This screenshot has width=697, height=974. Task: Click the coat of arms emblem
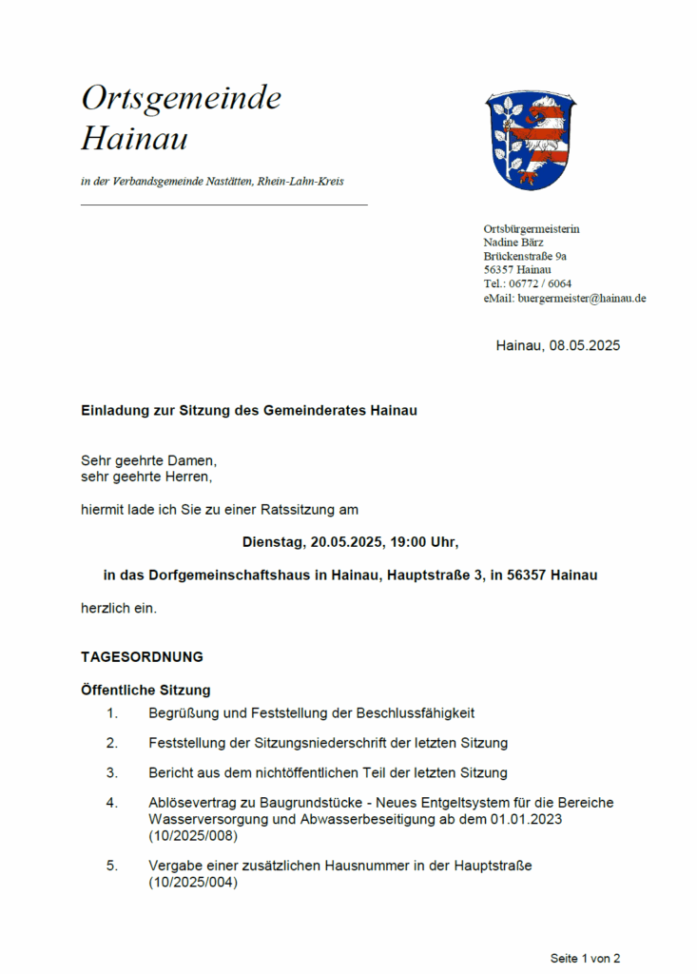tap(532, 141)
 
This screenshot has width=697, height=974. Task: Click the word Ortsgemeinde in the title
tap(181, 98)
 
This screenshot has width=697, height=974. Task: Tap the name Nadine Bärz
tap(513, 243)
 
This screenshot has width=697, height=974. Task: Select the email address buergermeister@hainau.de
tap(582, 298)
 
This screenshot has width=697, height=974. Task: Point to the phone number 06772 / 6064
tap(540, 283)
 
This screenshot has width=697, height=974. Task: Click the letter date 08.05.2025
tap(584, 345)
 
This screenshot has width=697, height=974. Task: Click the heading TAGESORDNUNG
tap(142, 656)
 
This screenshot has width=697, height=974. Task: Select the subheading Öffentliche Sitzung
tap(145, 690)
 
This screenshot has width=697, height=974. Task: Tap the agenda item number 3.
tap(111, 772)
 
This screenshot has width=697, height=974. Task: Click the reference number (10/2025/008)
tap(193, 836)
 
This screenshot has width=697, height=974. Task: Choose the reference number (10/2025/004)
tap(193, 882)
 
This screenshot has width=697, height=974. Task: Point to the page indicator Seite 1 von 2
tap(585, 958)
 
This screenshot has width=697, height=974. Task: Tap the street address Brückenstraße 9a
tap(525, 256)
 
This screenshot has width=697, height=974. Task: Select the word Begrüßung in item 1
tap(184, 712)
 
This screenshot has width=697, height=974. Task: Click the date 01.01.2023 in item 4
tap(532, 818)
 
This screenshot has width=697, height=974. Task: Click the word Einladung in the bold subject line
tap(113, 411)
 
